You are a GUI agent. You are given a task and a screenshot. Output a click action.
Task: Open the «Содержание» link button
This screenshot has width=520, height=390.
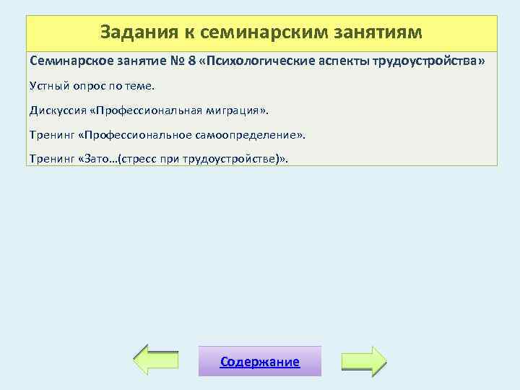(x=259, y=362)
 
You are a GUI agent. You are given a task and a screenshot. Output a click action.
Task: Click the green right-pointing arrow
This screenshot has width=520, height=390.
(x=364, y=360)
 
